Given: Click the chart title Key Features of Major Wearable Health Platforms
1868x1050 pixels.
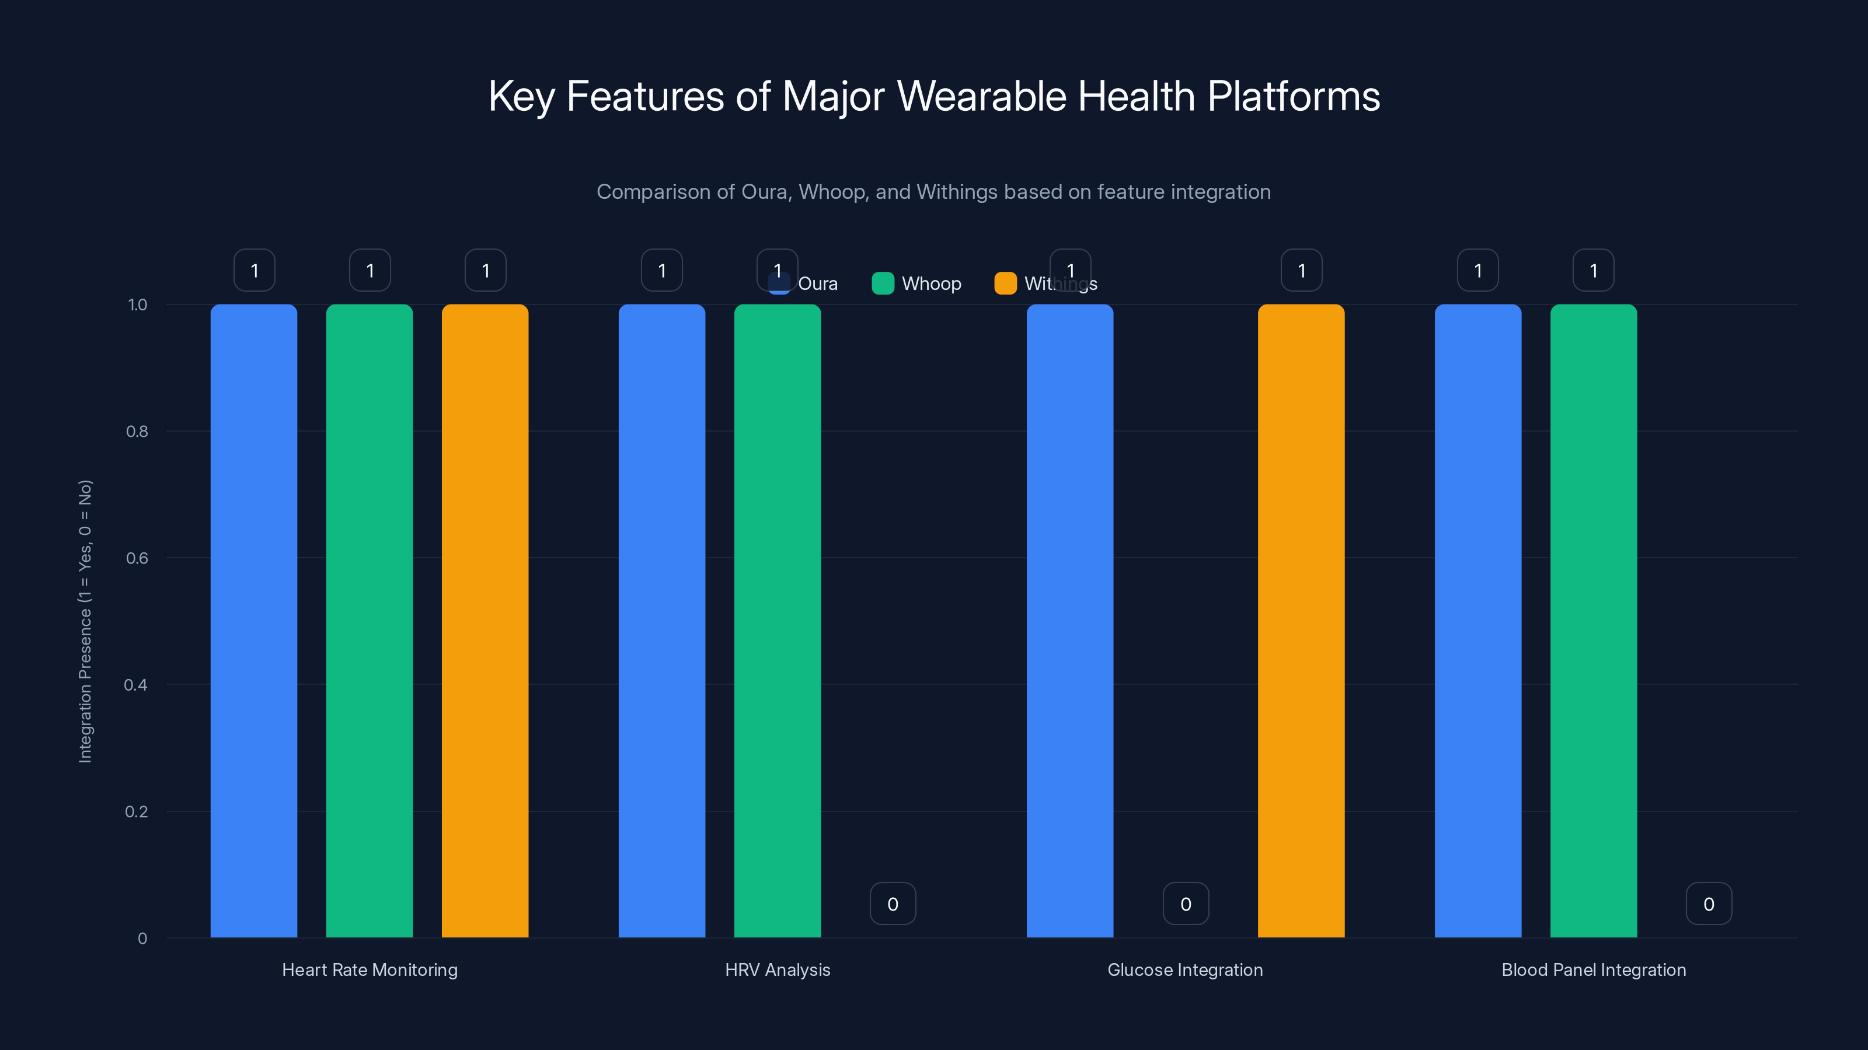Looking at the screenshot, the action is pos(934,96).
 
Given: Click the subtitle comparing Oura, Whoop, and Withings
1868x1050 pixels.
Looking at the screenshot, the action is pos(933,192).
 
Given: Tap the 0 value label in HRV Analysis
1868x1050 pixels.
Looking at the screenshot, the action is pos(893,904).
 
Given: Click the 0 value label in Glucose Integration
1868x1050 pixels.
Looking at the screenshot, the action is pos(1186,904).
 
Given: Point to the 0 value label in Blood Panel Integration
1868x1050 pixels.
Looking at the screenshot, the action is pos(1709,904).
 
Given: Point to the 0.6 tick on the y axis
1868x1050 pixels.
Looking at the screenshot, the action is pos(137,558).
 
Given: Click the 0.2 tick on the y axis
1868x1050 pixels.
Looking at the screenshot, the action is pos(137,811).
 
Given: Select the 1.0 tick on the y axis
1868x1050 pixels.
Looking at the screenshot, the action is pos(137,305).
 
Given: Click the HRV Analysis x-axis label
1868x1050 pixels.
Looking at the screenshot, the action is pos(778,970).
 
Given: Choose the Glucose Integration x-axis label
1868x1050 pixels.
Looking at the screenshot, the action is pos(1185,970).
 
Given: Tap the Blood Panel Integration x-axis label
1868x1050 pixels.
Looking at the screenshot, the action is pos(1593,970).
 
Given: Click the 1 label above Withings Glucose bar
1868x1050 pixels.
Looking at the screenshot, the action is pos(1301,270).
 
